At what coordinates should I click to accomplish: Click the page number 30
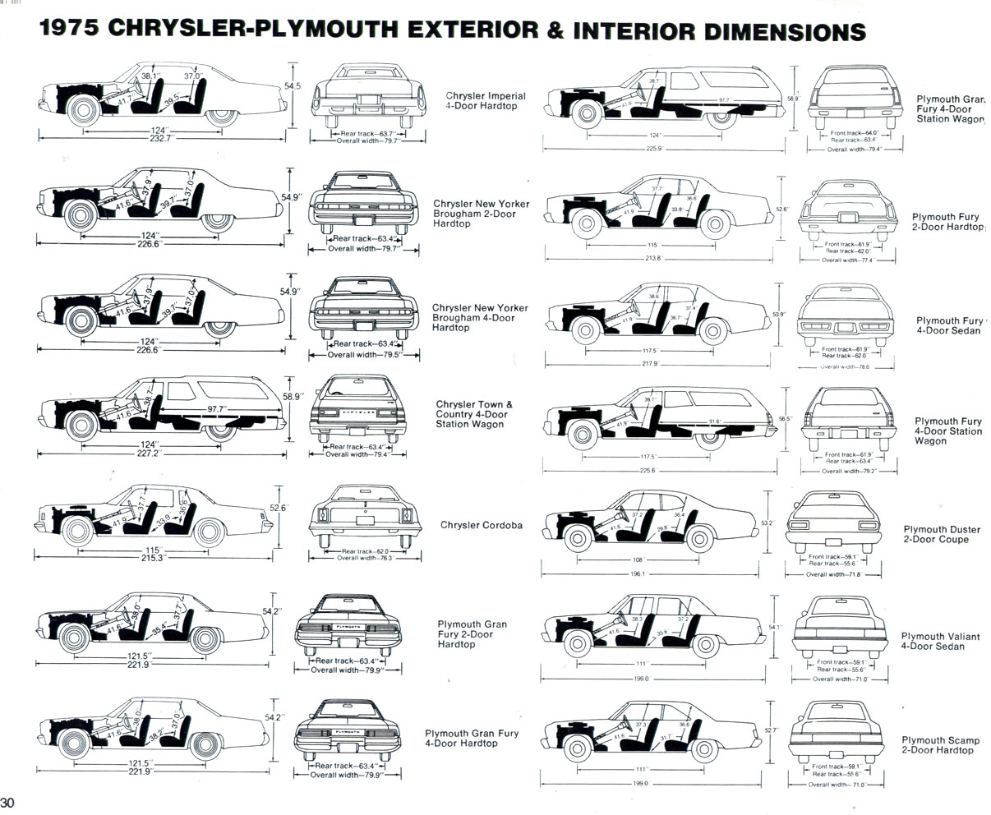[x=8, y=802]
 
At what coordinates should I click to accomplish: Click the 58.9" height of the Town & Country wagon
[x=293, y=396]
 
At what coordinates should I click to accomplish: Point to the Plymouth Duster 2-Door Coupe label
[x=935, y=535]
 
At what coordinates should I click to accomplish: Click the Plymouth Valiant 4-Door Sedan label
[x=933, y=641]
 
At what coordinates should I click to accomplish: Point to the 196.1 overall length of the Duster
[x=638, y=574]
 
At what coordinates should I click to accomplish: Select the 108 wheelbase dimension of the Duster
[x=638, y=559]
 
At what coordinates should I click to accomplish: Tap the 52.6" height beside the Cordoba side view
[x=279, y=508]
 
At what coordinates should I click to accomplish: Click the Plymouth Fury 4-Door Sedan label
[x=949, y=325]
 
